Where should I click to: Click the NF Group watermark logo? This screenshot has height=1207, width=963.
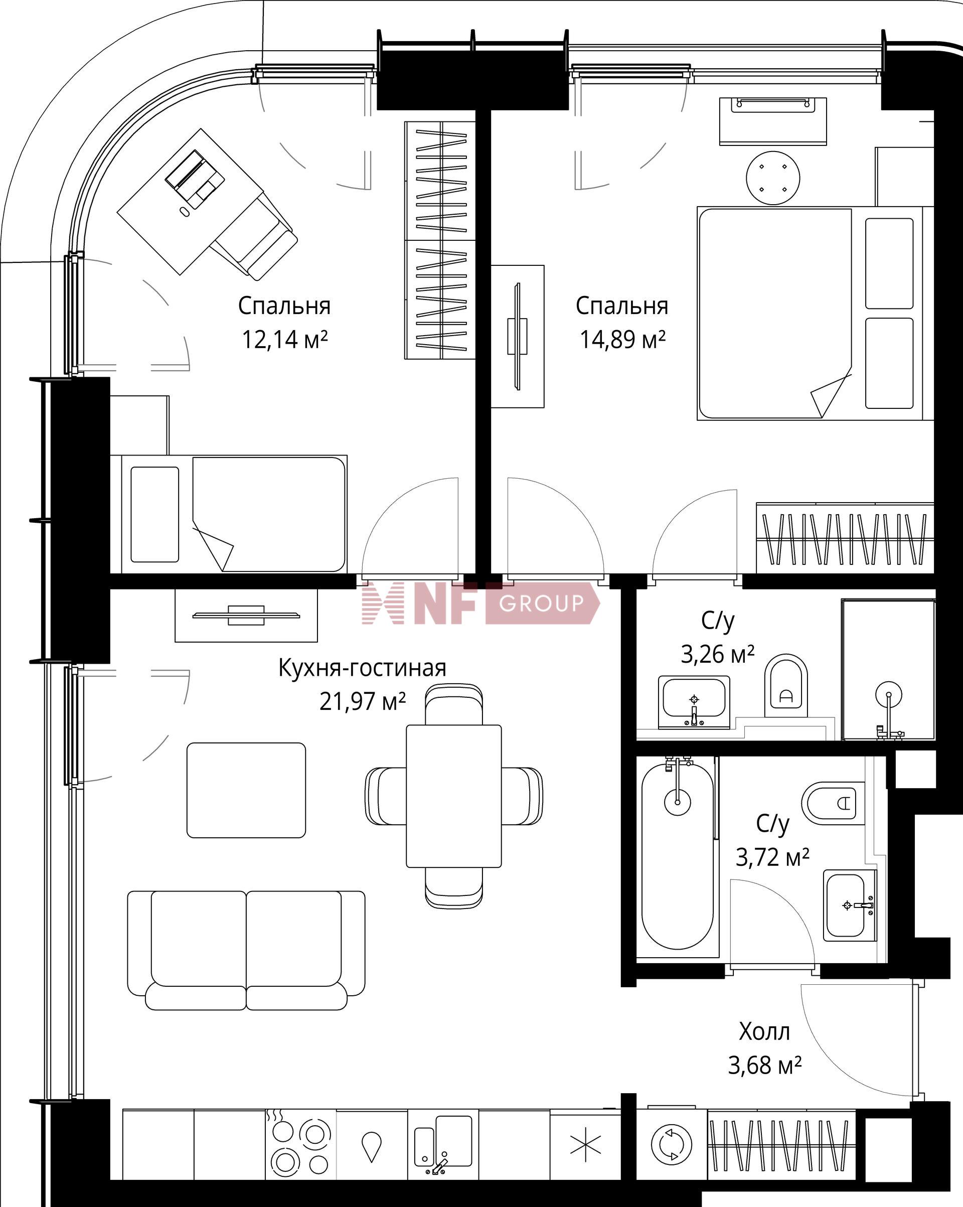[481, 603]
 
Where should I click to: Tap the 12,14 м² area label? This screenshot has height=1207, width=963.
[284, 340]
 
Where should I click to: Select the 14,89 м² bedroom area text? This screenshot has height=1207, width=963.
[622, 340]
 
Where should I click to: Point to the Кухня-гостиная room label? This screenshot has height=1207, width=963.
[362, 668]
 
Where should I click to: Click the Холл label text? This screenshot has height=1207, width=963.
[764, 1031]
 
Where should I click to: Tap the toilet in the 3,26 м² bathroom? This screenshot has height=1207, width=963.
[786, 686]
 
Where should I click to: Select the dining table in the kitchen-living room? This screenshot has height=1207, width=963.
[453, 796]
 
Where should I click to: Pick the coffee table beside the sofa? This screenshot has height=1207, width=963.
[246, 790]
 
